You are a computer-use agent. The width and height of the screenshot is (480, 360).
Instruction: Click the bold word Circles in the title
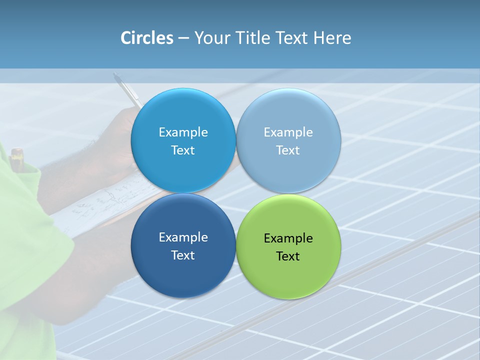(146, 38)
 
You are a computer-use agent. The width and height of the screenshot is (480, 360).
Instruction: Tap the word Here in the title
(332, 38)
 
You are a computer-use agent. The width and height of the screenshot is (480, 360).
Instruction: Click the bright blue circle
(183, 112)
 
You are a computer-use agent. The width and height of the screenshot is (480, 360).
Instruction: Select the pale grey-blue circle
(288, 112)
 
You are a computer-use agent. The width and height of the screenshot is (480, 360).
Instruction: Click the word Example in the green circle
(288, 238)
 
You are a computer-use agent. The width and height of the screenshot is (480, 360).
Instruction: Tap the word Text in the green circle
(288, 256)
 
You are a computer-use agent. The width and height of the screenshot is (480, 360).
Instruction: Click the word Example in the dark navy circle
(183, 237)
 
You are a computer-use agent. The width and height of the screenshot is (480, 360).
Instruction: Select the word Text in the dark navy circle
(183, 255)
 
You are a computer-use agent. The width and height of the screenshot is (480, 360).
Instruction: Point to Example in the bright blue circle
(183, 132)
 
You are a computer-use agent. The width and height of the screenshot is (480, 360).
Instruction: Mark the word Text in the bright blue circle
(183, 150)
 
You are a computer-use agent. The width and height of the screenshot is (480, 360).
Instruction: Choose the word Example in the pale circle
(288, 132)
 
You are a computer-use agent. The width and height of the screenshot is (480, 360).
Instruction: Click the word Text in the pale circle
(288, 150)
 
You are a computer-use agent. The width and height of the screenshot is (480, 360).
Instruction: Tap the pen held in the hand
(127, 90)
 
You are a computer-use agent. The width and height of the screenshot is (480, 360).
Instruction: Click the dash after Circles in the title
(183, 38)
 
